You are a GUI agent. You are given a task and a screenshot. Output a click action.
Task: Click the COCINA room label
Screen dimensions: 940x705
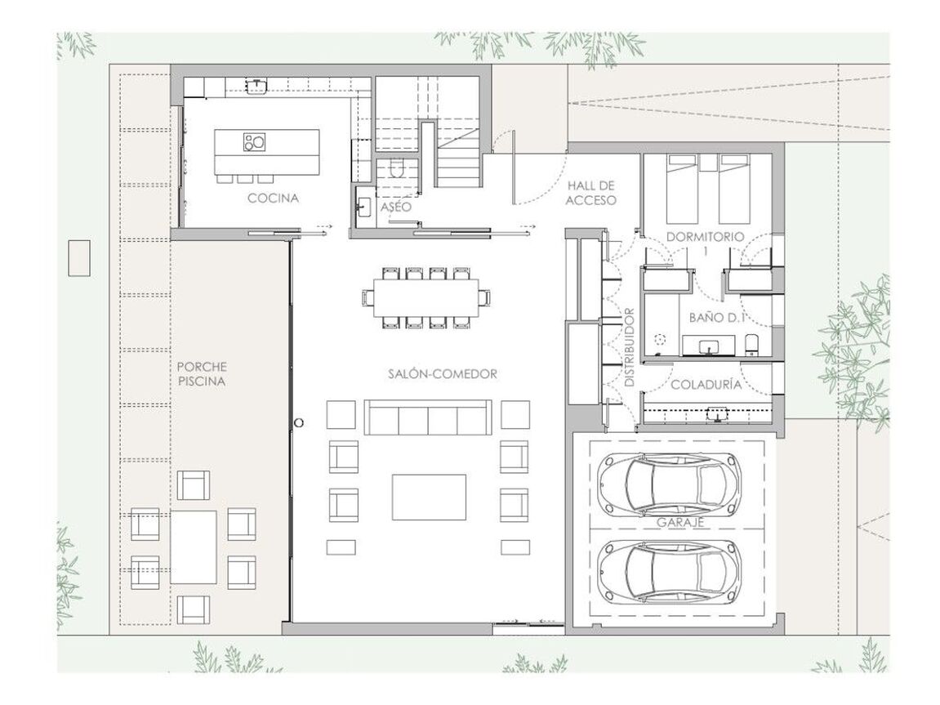point(273,198)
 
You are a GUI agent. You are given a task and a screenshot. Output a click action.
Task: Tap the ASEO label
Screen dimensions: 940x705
point(396,206)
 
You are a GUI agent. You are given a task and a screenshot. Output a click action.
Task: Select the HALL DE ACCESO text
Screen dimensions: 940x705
point(591,193)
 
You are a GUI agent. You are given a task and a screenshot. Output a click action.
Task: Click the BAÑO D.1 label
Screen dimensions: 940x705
point(716,317)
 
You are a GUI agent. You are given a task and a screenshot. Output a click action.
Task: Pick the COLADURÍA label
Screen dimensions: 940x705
point(706,384)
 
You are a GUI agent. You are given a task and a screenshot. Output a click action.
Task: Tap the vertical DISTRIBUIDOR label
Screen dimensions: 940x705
point(629,347)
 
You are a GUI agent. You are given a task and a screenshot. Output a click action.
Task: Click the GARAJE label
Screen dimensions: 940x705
point(679,522)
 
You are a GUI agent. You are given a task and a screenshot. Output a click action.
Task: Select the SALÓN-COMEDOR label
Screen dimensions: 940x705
point(443,374)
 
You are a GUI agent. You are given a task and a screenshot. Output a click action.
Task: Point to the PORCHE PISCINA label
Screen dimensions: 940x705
point(202,373)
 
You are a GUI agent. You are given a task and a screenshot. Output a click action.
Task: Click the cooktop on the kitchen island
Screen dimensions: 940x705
point(254,142)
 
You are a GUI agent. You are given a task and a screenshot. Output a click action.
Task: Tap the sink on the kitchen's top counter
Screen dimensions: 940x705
point(256,85)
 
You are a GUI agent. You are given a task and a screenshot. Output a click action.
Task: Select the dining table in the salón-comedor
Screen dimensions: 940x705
point(426,297)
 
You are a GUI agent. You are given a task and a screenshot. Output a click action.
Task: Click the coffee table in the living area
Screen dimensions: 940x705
point(430,497)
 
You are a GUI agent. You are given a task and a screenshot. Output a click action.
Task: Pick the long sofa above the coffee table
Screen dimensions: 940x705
point(428,417)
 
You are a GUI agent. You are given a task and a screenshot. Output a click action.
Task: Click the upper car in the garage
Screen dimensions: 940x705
point(668,483)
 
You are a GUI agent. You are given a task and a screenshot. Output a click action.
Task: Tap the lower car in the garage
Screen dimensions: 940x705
point(668,571)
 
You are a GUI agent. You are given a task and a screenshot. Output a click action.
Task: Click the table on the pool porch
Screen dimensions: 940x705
point(193,547)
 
